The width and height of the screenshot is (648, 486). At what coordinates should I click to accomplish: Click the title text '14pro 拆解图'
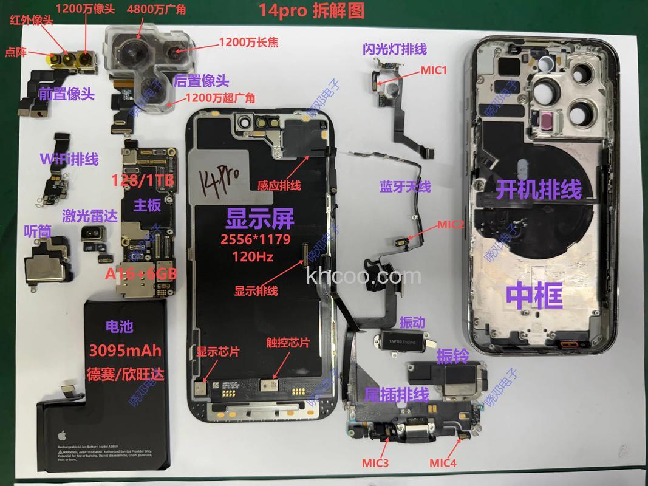[x=312, y=10]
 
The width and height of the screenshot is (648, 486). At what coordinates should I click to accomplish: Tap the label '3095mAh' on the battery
[x=125, y=351]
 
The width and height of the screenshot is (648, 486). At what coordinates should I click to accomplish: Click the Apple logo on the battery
[x=61, y=436]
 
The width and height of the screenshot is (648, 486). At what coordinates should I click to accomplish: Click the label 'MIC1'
[x=434, y=70]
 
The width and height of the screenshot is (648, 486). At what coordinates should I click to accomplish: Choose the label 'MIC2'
[x=450, y=224]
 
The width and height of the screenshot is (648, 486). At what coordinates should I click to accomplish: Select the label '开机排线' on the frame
[x=539, y=190]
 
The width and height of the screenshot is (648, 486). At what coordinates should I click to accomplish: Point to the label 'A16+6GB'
[x=141, y=274]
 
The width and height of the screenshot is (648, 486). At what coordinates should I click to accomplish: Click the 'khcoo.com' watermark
[x=364, y=276]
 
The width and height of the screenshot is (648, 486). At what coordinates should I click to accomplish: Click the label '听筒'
[x=36, y=231]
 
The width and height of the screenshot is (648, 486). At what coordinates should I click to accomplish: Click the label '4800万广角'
[x=152, y=10]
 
